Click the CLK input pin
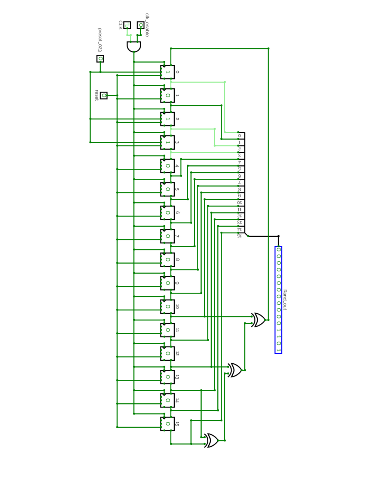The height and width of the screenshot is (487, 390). pyautogui.click(x=127, y=25)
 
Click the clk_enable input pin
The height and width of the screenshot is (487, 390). pyautogui.click(x=141, y=25)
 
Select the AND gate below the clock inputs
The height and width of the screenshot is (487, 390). pyautogui.click(x=134, y=47)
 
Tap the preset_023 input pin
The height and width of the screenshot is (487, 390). pyautogui.click(x=100, y=59)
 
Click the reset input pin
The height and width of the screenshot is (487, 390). pyautogui.click(x=104, y=96)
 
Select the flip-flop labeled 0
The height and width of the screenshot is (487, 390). pyautogui.click(x=167, y=72)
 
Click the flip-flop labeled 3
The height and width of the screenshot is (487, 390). pyautogui.click(x=167, y=142)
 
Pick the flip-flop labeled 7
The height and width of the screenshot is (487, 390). pyautogui.click(x=167, y=236)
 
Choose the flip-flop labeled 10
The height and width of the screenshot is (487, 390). pyautogui.click(x=167, y=307)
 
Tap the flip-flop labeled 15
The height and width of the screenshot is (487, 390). pyautogui.click(x=167, y=424)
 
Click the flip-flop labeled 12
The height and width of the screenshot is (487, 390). pyautogui.click(x=167, y=353)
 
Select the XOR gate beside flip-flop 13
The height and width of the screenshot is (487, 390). pyautogui.click(x=235, y=370)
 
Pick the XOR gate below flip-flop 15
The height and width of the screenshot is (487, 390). pyautogui.click(x=211, y=440)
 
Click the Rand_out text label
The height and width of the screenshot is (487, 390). pyautogui.click(x=285, y=299)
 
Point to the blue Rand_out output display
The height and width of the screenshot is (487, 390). pyautogui.click(x=278, y=300)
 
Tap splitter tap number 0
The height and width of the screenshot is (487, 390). pyautogui.click(x=239, y=135)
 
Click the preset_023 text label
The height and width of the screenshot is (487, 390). pyautogui.click(x=99, y=40)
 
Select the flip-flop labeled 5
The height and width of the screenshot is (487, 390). pyautogui.click(x=167, y=189)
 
